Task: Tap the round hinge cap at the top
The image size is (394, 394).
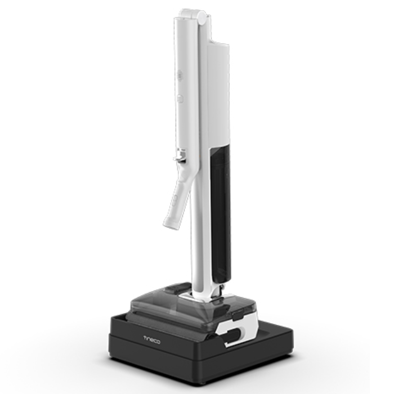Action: [x=202, y=17]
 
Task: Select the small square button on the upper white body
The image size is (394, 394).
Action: [x=180, y=98]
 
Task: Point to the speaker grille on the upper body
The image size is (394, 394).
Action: [x=180, y=75]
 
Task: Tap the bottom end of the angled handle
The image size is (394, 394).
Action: [x=172, y=225]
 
